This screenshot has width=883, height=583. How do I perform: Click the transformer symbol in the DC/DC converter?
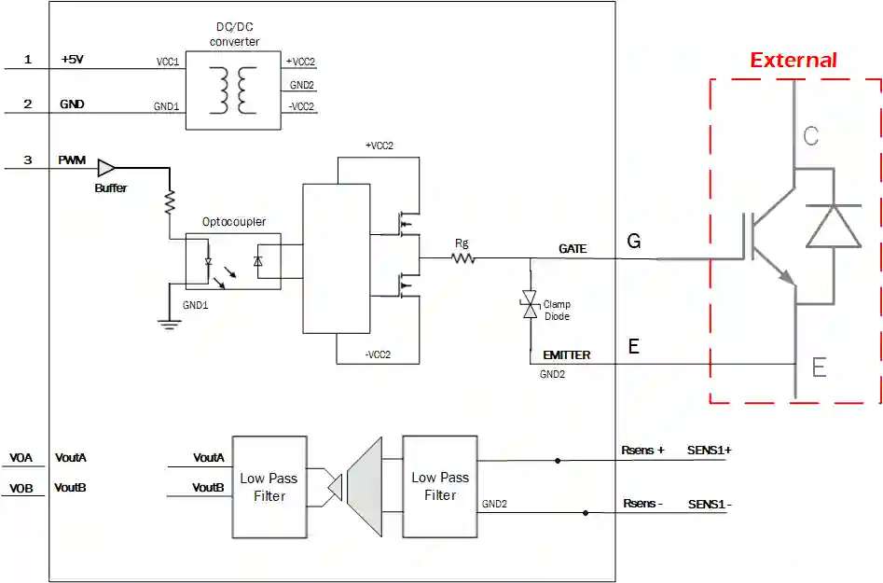click(235, 90)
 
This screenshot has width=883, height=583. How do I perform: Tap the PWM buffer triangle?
click(106, 168)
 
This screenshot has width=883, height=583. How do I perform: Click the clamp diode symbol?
click(530, 304)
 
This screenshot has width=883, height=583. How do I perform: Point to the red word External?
click(793, 61)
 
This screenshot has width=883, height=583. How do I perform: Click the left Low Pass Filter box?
click(269, 486)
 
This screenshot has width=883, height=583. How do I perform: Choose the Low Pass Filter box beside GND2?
click(439, 486)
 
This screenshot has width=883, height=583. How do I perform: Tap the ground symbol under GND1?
click(169, 324)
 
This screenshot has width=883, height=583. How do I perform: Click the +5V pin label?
click(73, 60)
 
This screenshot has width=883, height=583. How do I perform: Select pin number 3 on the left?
click(28, 160)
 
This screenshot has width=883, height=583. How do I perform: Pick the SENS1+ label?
click(710, 450)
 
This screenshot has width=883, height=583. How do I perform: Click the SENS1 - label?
click(710, 504)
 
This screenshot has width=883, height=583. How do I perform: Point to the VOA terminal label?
click(21, 458)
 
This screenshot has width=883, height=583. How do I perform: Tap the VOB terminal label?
click(21, 488)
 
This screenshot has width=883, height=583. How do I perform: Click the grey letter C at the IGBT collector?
click(810, 136)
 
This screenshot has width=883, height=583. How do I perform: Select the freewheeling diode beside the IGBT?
click(833, 225)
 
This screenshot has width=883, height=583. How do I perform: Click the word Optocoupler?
click(234, 222)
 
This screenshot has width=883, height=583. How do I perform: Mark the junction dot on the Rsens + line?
click(558, 460)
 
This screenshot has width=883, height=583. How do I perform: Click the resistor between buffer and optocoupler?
click(170, 201)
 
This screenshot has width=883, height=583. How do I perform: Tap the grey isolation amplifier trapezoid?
click(364, 486)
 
